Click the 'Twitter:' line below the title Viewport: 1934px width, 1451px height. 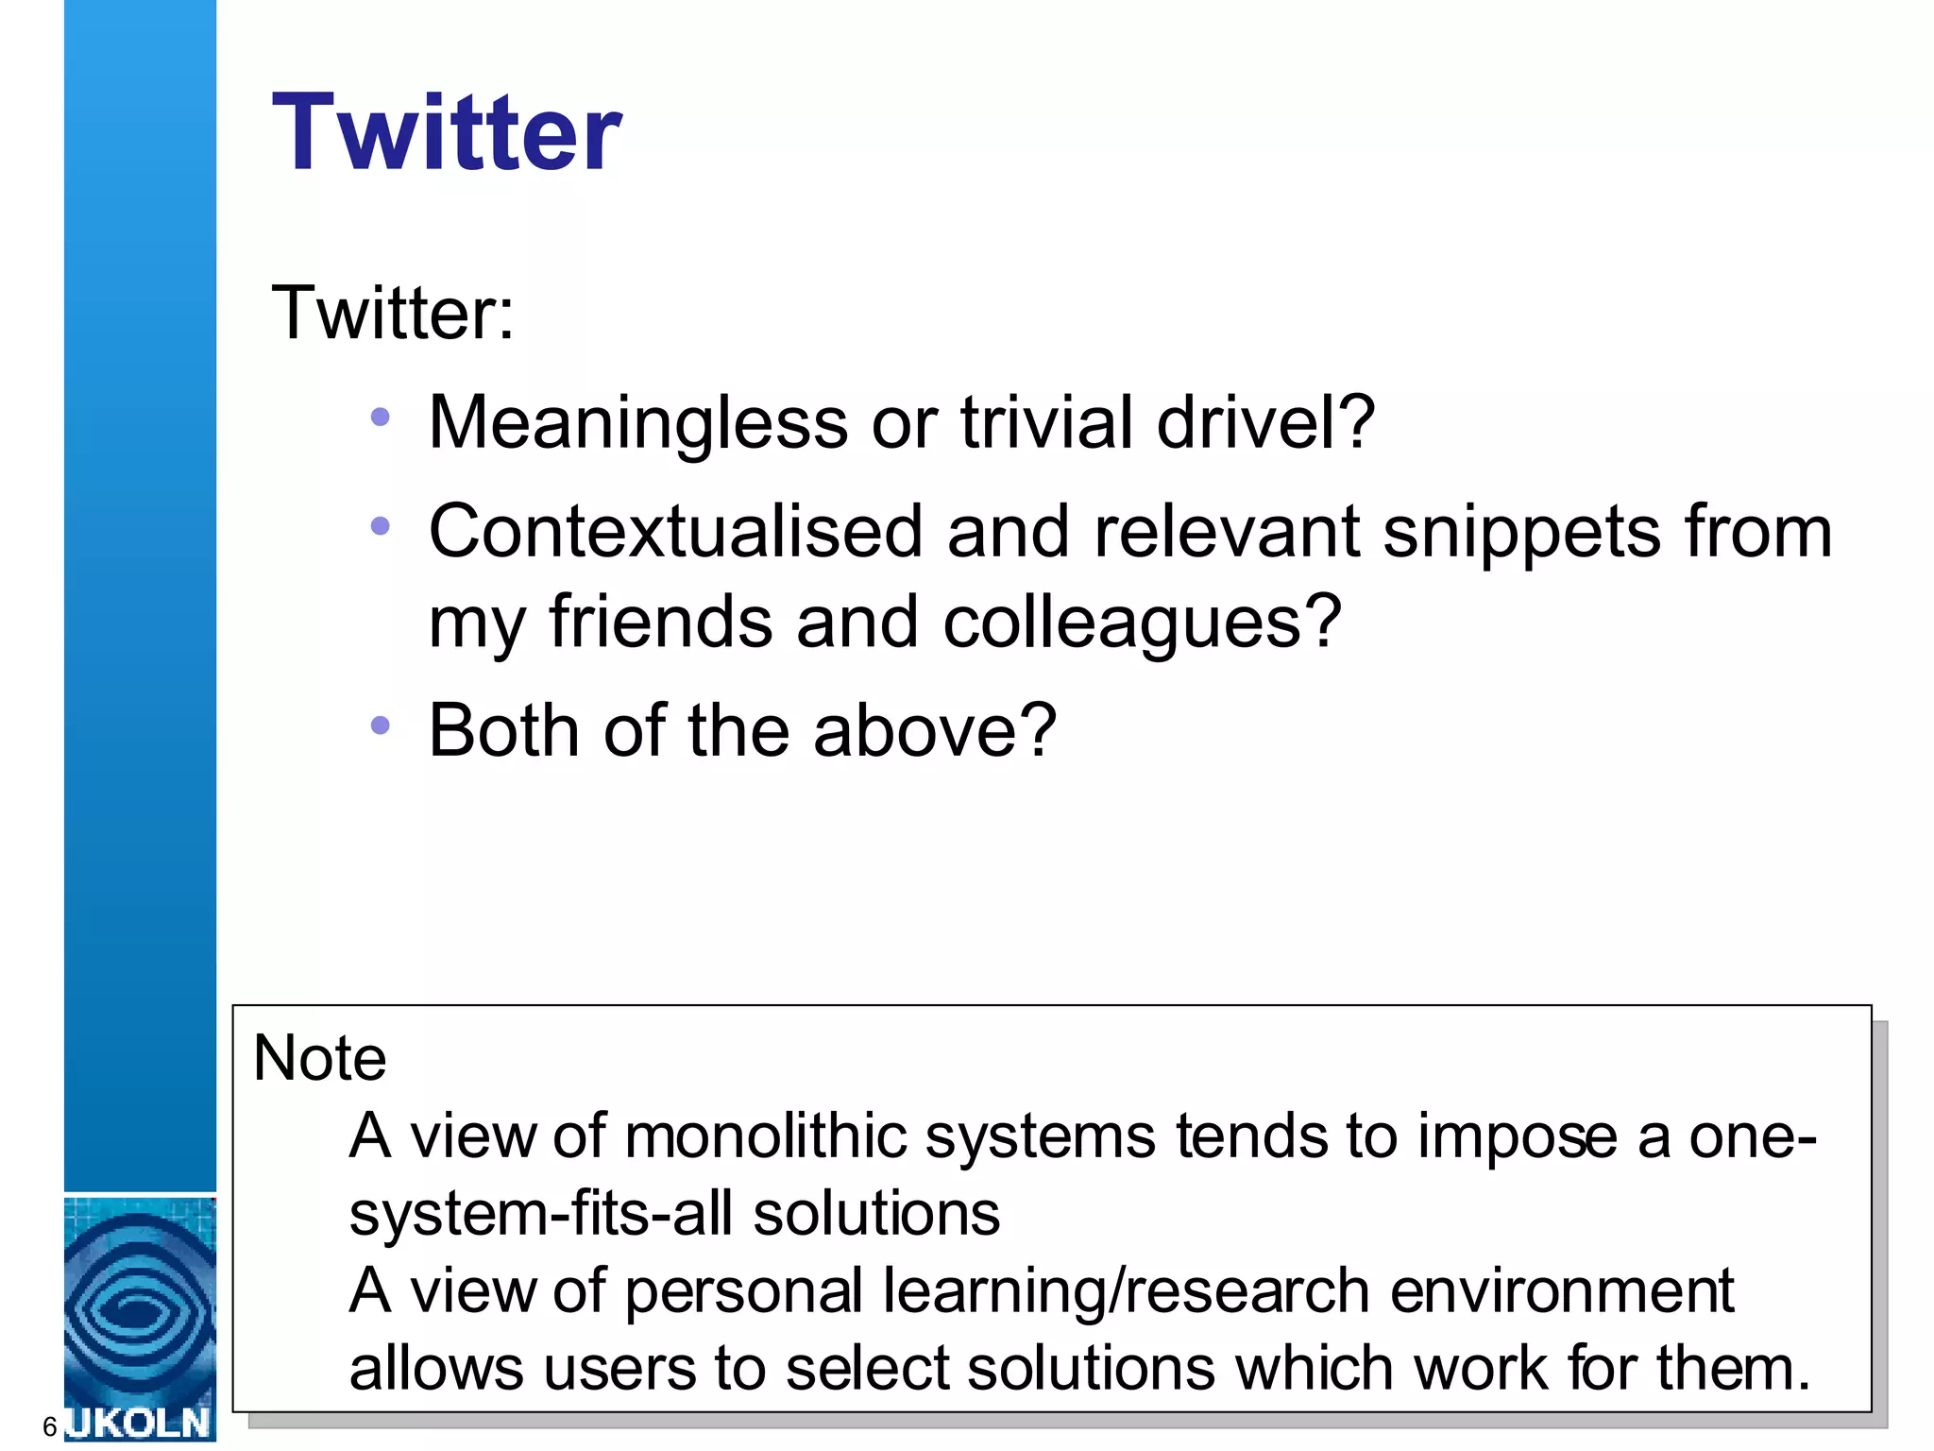(393, 313)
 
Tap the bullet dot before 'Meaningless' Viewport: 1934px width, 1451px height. (381, 417)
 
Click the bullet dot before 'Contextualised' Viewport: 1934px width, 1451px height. (381, 526)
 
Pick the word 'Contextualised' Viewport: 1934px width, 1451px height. (675, 532)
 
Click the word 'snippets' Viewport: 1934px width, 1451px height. (1521, 532)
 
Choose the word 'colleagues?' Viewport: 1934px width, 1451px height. (1142, 623)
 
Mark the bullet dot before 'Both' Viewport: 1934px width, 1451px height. (381, 725)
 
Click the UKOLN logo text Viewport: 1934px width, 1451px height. (140, 1423)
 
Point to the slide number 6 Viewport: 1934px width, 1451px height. (50, 1426)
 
